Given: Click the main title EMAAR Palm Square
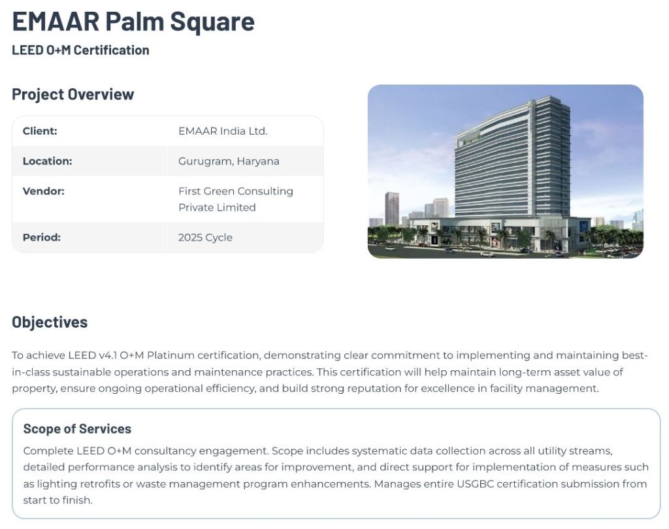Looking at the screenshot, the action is click(x=133, y=22).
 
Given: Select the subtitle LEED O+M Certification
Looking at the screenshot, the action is click(x=80, y=50).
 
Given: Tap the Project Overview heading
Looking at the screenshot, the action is click(x=73, y=94).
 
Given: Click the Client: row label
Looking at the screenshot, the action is click(x=40, y=131).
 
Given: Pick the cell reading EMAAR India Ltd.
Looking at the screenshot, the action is click(x=223, y=131).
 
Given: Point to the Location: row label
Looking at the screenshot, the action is click(x=47, y=161).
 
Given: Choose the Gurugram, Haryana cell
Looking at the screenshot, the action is click(x=229, y=161).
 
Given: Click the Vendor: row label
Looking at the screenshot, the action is click(x=44, y=191).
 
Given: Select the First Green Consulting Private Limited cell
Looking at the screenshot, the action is click(x=235, y=199).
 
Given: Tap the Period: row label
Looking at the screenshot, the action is click(x=41, y=237).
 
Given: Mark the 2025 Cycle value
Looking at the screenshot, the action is click(x=205, y=237).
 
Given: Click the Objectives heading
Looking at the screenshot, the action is click(x=50, y=322).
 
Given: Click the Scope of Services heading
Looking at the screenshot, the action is click(x=77, y=428).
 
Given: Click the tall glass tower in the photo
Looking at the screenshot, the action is click(x=512, y=158).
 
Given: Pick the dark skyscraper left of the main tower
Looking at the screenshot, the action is click(x=392, y=208).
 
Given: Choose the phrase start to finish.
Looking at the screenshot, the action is click(x=57, y=500).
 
